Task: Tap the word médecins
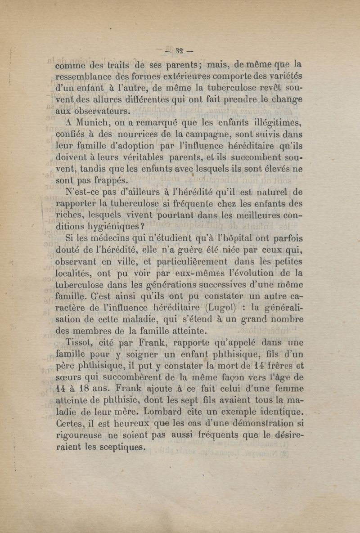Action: point(103,238)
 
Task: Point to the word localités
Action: point(76,273)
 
